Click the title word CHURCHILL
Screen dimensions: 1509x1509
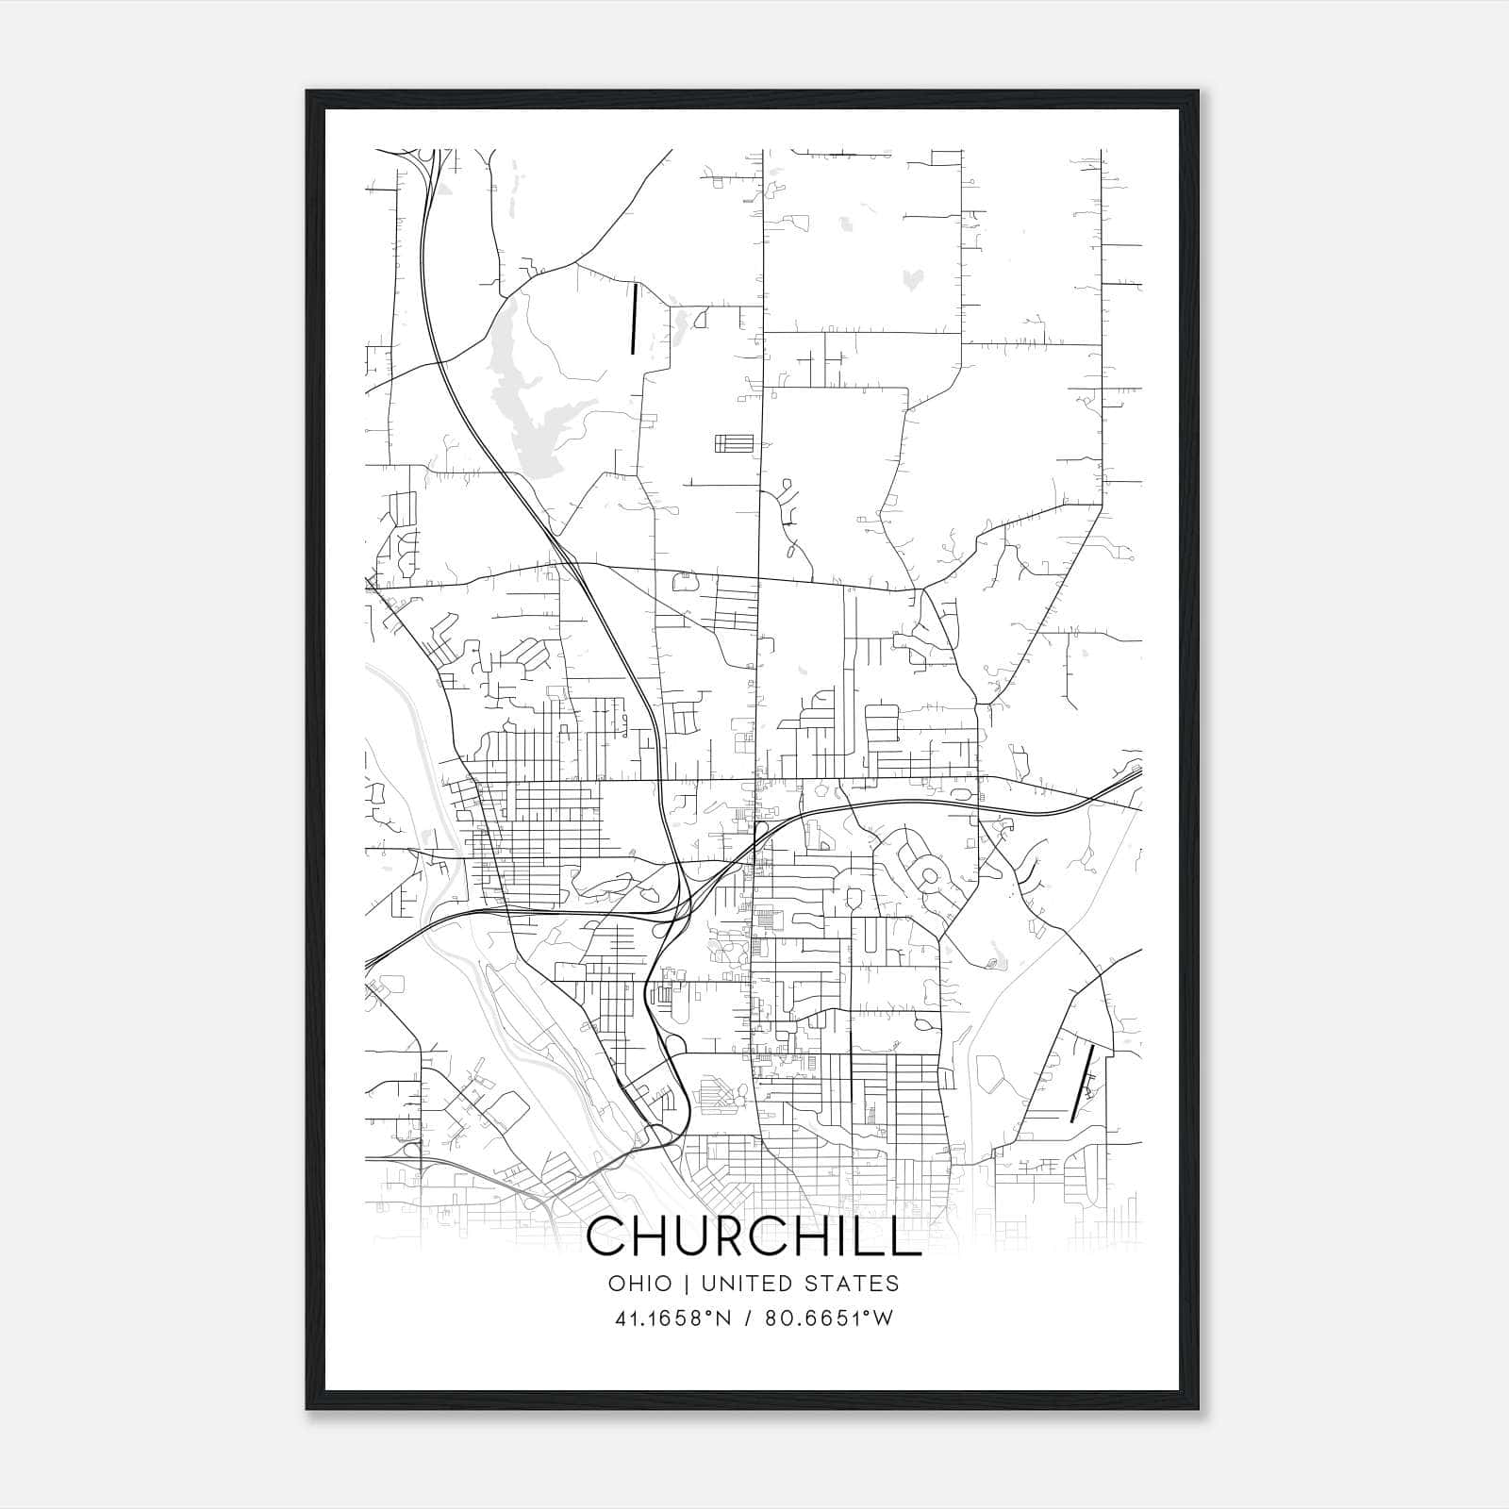[x=754, y=1236]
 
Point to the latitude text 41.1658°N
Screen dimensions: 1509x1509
[x=673, y=1318]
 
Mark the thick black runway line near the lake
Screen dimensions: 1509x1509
[x=635, y=319]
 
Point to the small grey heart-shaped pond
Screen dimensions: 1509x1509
[x=913, y=277]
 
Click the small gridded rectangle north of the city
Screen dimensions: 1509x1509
[x=734, y=443]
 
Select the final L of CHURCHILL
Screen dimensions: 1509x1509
[x=907, y=1236]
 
